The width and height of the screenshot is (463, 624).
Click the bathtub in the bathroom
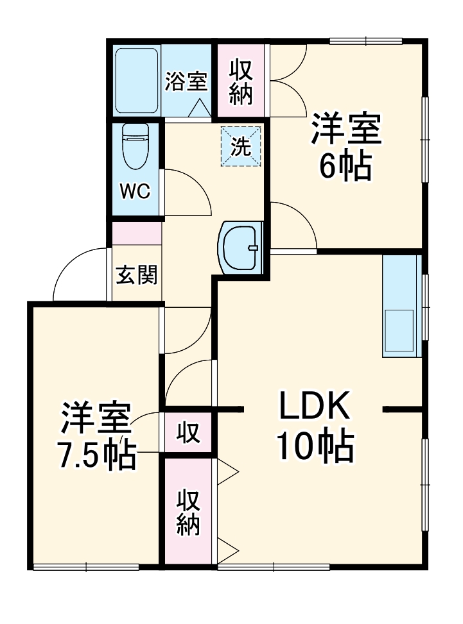[137, 80]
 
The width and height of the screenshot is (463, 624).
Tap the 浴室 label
[186, 82]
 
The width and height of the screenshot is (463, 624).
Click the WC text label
[135, 191]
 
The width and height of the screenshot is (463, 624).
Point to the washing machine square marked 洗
[241, 147]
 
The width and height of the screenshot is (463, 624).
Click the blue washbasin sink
[241, 248]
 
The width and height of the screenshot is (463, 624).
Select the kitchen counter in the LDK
[401, 307]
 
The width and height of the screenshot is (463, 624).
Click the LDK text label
[313, 406]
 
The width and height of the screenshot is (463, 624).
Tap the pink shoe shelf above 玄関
[137, 233]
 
